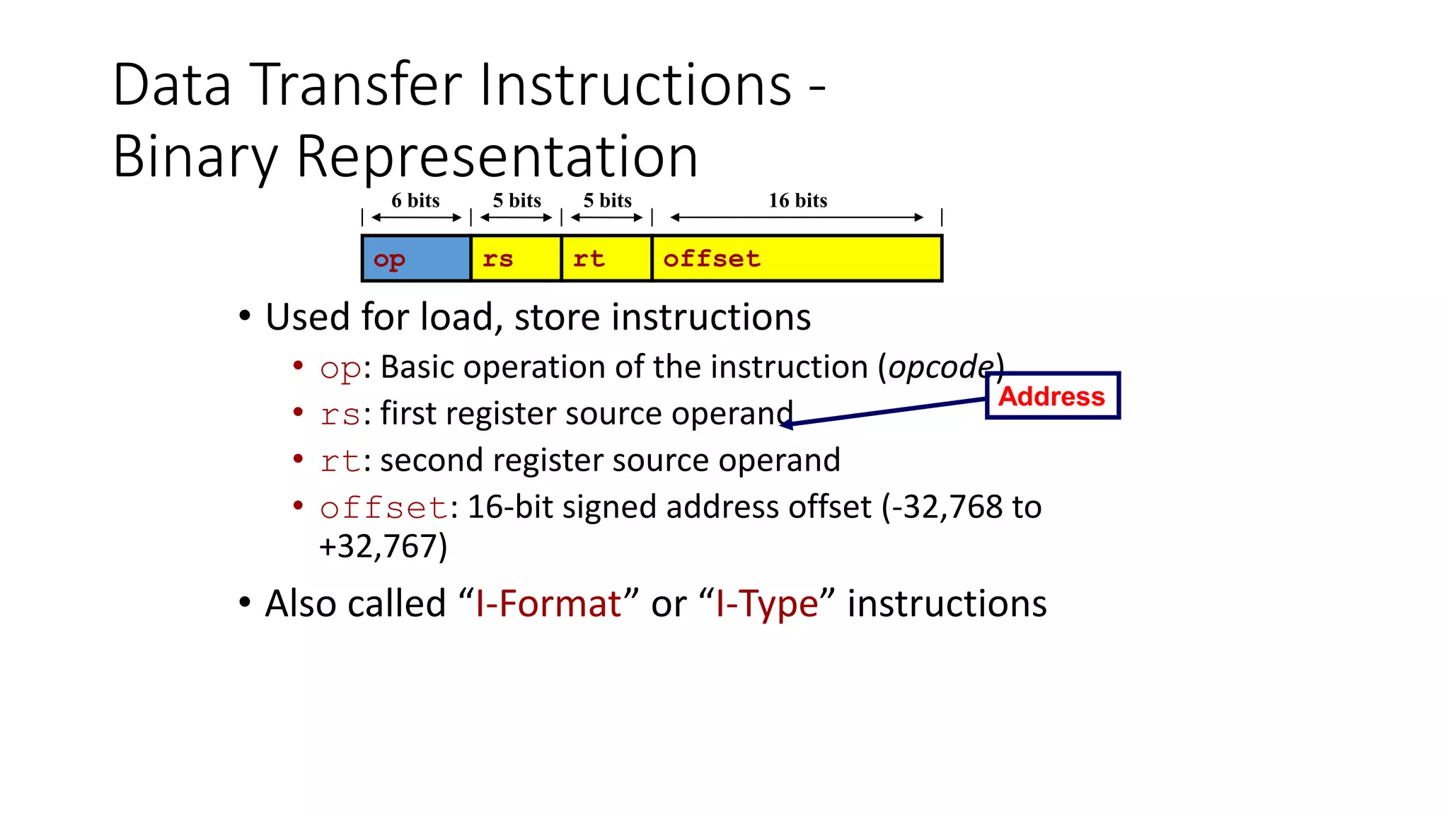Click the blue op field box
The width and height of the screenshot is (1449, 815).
pos(416,259)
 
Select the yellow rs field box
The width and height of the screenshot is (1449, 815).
pos(516,259)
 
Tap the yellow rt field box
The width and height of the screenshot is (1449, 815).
pos(606,259)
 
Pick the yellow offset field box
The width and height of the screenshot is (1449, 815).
pos(797,259)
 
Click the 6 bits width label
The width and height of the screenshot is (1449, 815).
pos(415,201)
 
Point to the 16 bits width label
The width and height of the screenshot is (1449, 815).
pos(797,201)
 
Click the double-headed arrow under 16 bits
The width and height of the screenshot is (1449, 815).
pos(797,218)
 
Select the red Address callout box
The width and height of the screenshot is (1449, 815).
pos(1052,396)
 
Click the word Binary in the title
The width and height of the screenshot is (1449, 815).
pos(195,157)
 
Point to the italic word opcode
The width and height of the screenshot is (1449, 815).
pos(940,366)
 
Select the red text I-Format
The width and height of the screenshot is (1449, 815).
pos(548,604)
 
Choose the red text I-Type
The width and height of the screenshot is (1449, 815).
pos(766,604)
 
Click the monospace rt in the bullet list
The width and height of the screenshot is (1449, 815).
pos(340,461)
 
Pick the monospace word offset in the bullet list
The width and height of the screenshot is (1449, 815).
pos(383,508)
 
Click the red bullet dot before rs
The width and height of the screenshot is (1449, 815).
pos(299,412)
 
